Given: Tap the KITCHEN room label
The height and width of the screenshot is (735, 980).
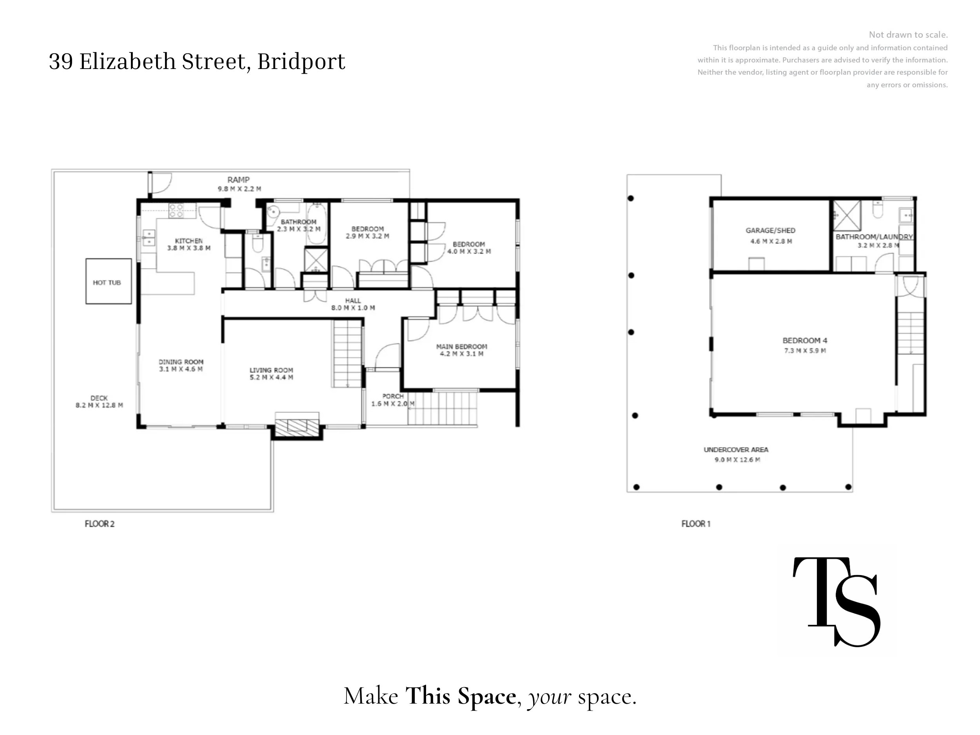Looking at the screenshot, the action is [189, 241].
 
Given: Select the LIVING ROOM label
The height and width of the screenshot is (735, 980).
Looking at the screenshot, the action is [271, 370].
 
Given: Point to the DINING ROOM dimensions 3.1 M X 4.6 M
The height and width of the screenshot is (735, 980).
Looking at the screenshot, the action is [181, 369].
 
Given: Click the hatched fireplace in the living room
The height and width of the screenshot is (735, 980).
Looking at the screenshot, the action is [297, 425].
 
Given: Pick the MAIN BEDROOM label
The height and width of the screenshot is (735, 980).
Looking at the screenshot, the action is [462, 347].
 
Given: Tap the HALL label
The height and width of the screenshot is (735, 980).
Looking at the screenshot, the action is [353, 300].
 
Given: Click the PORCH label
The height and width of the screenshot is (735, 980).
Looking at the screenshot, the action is [393, 396].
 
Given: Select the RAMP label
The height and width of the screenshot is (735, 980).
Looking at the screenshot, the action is [238, 180].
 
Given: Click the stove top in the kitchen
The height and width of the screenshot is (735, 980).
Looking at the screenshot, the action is [176, 211].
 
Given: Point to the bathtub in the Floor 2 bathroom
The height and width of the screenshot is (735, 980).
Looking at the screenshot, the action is [317, 224].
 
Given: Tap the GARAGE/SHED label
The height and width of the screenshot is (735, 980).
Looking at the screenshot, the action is [770, 230].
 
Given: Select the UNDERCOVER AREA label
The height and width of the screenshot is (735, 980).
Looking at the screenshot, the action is [736, 450].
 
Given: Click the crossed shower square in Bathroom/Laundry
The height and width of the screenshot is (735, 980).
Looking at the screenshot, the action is [847, 216].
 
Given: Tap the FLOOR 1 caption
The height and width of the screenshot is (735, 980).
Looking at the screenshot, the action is [695, 524].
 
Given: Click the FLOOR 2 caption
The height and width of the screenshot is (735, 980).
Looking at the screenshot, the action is [99, 524].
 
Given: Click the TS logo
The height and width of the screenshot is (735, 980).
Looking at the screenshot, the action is [836, 601].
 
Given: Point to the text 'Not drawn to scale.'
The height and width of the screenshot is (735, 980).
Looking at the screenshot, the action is [908, 34].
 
